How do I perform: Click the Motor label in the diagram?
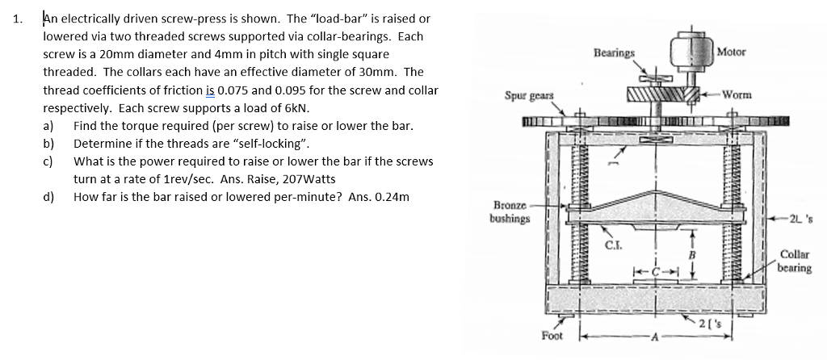click(x=732, y=52)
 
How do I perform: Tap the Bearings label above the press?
click(x=614, y=52)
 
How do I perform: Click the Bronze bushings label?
click(x=510, y=212)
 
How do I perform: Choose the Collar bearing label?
click(x=796, y=262)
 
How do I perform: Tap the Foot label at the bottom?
click(x=552, y=334)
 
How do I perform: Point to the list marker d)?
click(x=49, y=196)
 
